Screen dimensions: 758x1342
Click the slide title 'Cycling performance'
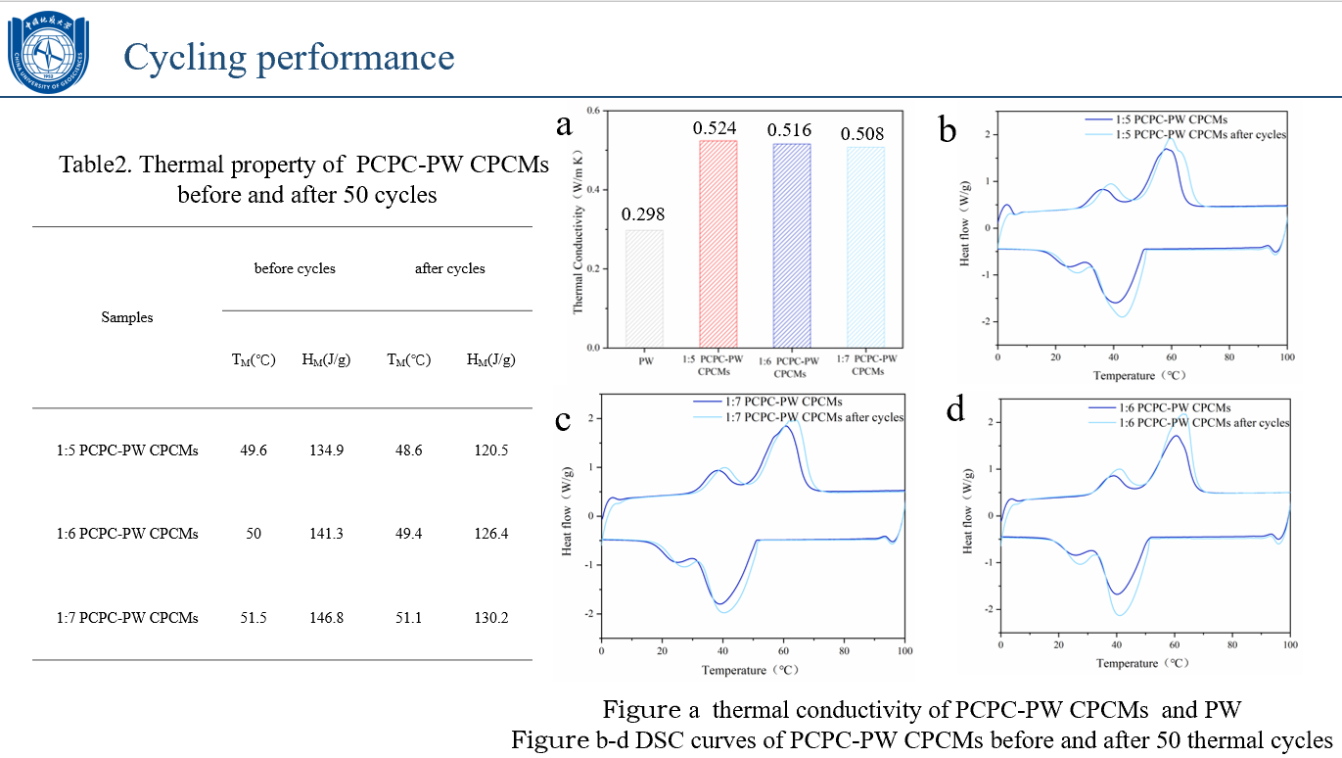(x=289, y=57)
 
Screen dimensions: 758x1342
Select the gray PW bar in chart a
(x=645, y=289)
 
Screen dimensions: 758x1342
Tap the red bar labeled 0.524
(x=717, y=244)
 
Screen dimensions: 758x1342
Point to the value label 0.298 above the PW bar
(x=643, y=214)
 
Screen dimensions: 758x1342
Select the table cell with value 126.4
(x=490, y=534)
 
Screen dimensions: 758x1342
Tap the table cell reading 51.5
(x=254, y=618)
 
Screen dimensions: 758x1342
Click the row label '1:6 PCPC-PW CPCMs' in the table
(x=127, y=534)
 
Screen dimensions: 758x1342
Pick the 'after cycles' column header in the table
(x=450, y=268)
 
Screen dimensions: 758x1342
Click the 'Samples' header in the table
(x=127, y=317)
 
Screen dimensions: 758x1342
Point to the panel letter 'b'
(x=947, y=128)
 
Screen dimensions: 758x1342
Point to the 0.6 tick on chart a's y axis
(x=593, y=111)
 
